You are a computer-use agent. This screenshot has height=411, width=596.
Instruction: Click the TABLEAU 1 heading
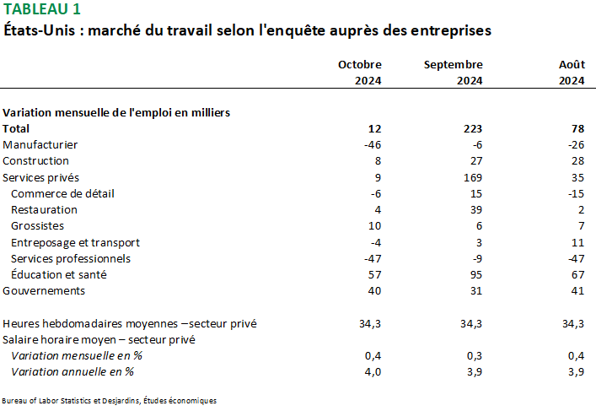coord(43,10)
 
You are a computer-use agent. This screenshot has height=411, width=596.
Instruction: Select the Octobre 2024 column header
coord(360,73)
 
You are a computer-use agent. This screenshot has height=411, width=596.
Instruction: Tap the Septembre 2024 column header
coord(454,73)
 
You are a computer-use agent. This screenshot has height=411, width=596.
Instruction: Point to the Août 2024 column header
coord(572,73)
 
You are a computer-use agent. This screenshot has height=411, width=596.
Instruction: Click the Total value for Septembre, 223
coord(472,128)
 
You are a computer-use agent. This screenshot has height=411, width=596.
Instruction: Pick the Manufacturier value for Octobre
coord(371,144)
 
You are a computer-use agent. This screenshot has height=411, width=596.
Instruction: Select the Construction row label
coord(36,160)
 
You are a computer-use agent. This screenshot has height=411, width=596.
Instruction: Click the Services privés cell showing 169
coord(472,177)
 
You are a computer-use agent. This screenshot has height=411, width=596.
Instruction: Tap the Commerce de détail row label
coord(62,193)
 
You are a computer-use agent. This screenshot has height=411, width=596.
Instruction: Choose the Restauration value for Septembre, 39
coord(475,209)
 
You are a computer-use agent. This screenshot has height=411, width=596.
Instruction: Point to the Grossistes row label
coord(37,225)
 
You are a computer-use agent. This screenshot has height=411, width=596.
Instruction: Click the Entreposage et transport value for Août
coord(577,242)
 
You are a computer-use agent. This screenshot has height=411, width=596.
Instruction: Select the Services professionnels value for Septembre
coord(475,258)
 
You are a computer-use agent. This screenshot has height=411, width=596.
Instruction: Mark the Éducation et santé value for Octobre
coord(374,274)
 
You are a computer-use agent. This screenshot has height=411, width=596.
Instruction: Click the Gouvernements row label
coord(44,290)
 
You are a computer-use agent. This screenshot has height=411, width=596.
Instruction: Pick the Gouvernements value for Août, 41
coord(577,290)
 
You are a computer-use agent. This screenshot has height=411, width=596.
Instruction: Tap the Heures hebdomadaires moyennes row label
coord(130,323)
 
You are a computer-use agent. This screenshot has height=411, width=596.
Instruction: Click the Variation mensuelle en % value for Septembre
coord(473,355)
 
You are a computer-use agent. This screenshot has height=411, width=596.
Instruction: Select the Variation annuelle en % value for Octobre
coord(372,371)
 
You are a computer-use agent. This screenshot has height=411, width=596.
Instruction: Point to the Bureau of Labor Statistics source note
coord(110,400)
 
